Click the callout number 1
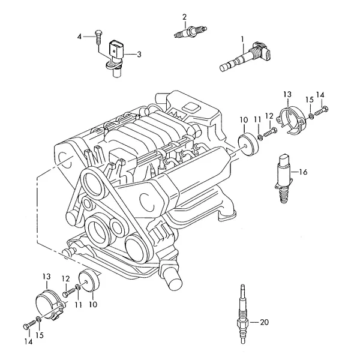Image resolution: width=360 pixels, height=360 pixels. click(x=242, y=39)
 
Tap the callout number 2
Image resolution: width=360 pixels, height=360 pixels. click(x=185, y=17)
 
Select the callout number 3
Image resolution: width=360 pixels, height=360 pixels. click(x=139, y=55)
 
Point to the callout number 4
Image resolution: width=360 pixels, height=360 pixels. click(x=79, y=37)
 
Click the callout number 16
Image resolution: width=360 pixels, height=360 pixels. click(x=303, y=172)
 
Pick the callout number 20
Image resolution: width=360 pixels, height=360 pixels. click(x=264, y=322)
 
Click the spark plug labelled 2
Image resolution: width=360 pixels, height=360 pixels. click(x=190, y=31)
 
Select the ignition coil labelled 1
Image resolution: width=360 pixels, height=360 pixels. click(x=245, y=56)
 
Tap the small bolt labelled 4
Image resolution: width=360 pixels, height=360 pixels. click(x=98, y=37)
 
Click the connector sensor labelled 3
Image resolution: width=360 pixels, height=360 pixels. click(x=116, y=59)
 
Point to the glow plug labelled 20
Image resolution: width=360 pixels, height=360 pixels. click(x=243, y=314)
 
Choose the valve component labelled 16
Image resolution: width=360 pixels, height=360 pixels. click(x=284, y=179)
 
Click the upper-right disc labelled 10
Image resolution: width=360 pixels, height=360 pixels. click(x=248, y=144)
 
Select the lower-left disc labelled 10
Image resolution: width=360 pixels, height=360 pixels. click(x=89, y=280)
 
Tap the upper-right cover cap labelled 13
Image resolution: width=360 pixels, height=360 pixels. click(x=292, y=121)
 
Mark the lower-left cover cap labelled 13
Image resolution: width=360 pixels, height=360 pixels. click(x=49, y=305)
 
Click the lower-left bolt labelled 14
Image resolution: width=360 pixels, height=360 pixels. click(x=29, y=325)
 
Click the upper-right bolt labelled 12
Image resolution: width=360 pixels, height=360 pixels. click(x=271, y=132)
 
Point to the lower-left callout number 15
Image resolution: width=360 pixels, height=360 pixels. click(x=40, y=335)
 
